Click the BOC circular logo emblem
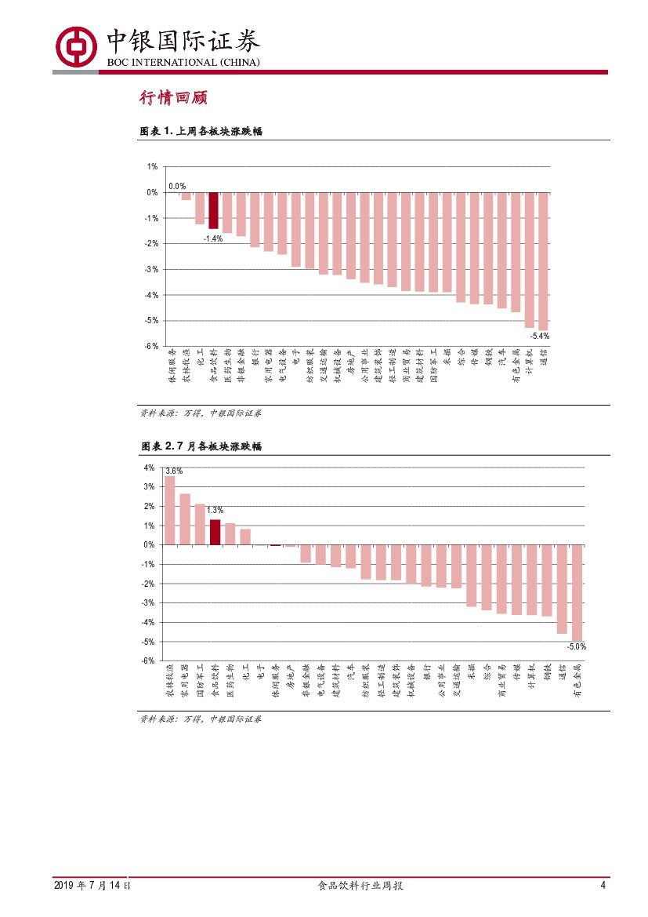75,48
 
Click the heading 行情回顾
172,98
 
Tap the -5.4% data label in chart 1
539,336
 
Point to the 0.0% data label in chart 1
177,186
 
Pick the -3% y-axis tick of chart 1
152,269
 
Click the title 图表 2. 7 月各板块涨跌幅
201,446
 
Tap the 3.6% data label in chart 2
173,471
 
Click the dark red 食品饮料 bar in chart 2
215,532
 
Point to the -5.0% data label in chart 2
576,647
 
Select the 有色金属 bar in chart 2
577,593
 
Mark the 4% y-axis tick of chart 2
149,468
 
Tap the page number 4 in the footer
603,885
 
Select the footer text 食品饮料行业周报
360,885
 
